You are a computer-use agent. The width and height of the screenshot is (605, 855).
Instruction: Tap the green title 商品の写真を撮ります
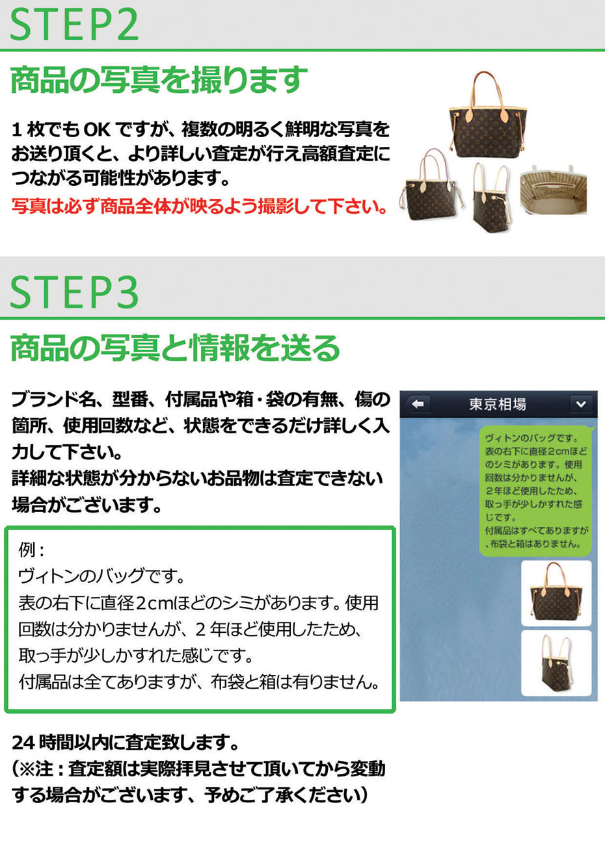click(159, 80)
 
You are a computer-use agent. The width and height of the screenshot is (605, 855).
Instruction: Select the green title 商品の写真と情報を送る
click(175, 348)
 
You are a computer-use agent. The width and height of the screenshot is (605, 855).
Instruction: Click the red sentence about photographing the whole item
click(199, 207)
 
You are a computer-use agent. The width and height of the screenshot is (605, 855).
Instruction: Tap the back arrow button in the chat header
click(418, 404)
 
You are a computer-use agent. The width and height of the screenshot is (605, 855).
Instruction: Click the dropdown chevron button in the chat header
click(581, 404)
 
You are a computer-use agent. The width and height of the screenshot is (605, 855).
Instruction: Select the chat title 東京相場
click(498, 404)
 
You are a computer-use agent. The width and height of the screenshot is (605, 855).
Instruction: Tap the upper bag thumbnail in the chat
click(556, 593)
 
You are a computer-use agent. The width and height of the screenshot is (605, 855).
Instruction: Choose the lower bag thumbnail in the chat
click(556, 663)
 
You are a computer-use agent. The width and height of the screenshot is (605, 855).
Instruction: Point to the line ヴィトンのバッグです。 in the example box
click(101, 576)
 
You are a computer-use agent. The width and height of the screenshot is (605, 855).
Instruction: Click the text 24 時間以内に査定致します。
click(126, 743)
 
